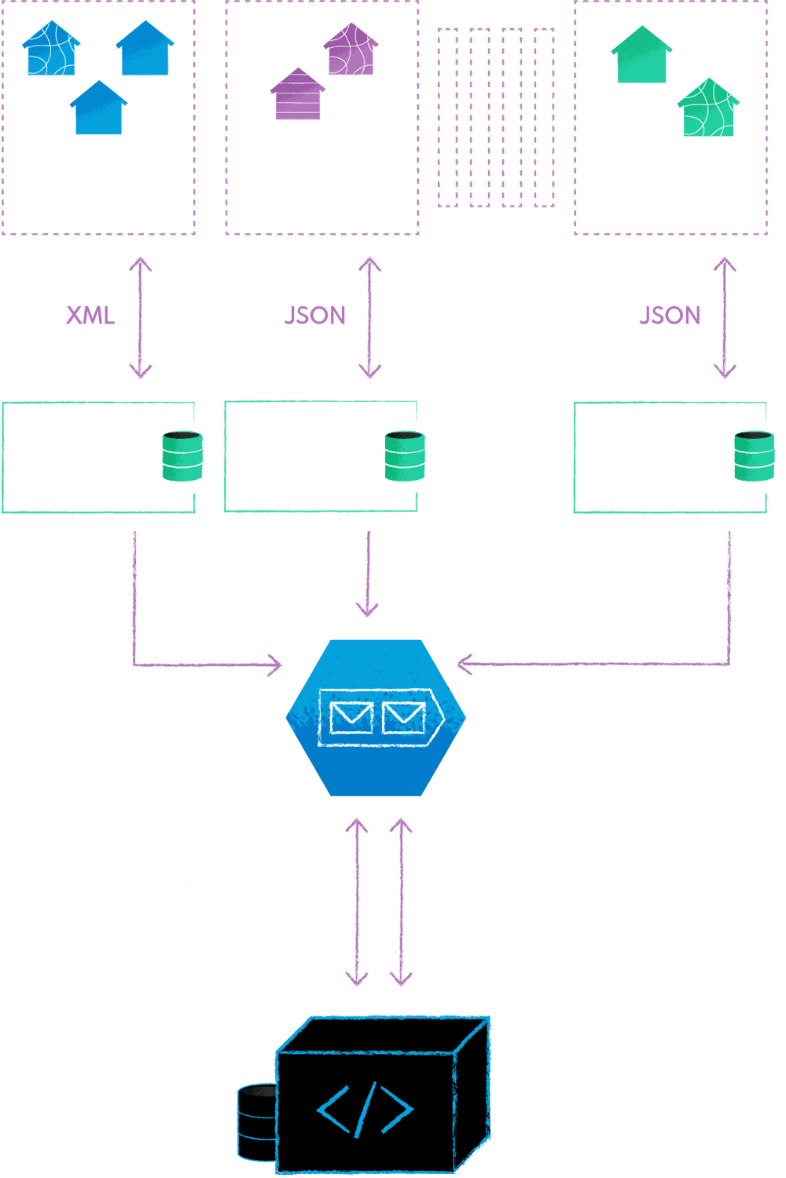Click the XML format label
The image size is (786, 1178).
click(x=90, y=316)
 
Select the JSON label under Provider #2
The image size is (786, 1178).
click(x=314, y=316)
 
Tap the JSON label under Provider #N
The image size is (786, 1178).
click(x=670, y=316)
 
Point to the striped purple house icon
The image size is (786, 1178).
click(x=297, y=94)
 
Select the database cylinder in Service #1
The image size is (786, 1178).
click(x=182, y=456)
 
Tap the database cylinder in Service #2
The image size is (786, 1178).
click(x=405, y=456)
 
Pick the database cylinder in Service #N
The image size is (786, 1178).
click(x=753, y=456)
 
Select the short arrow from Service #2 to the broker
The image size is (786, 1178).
click(x=367, y=573)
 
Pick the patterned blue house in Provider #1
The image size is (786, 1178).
click(x=50, y=49)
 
